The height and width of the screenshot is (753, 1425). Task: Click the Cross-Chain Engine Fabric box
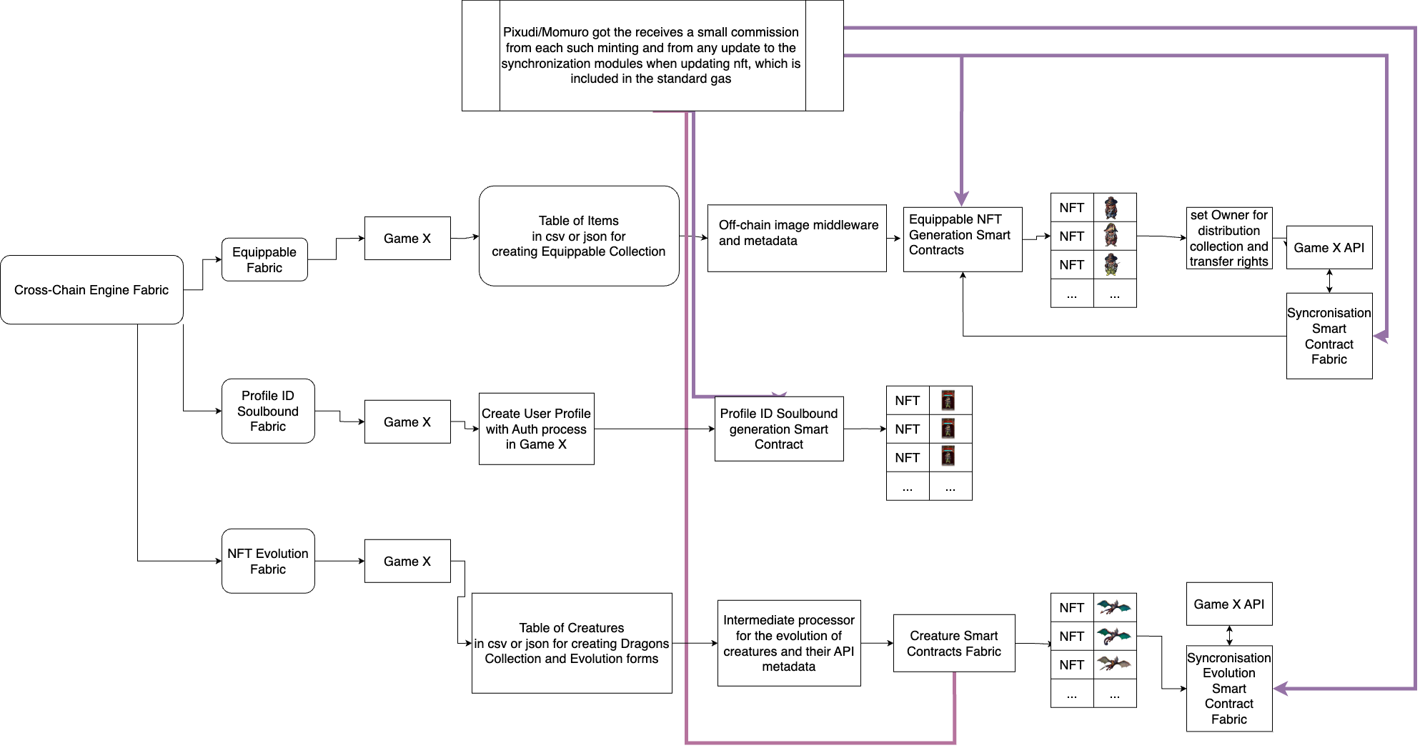tap(91, 290)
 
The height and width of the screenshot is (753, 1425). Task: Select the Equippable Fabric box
tap(264, 260)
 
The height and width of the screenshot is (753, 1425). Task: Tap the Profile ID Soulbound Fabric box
tap(268, 411)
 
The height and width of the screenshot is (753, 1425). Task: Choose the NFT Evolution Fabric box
tap(268, 561)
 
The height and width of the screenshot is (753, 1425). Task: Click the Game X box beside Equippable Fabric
tap(407, 239)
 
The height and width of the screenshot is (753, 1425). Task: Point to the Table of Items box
tap(579, 236)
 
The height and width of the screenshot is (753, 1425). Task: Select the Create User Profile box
tap(536, 429)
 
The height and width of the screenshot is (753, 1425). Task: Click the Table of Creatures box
tap(572, 643)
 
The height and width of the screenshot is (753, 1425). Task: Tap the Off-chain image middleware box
tap(797, 239)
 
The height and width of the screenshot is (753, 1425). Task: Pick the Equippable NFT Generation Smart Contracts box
tap(963, 239)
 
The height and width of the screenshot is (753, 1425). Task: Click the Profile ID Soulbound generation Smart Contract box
tap(779, 429)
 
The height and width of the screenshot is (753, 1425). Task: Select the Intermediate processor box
tap(789, 643)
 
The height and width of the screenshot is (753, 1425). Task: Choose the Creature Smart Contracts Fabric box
tap(954, 643)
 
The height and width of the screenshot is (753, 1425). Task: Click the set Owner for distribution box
tap(1229, 238)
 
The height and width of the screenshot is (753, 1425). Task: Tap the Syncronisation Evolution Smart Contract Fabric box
tap(1229, 689)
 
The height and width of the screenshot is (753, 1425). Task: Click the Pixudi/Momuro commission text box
tap(652, 56)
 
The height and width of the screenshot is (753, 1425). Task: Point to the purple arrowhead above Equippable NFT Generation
tap(962, 198)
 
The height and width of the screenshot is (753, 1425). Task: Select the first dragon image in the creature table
tap(1114, 607)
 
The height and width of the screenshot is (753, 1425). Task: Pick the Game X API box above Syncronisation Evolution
tap(1229, 604)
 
